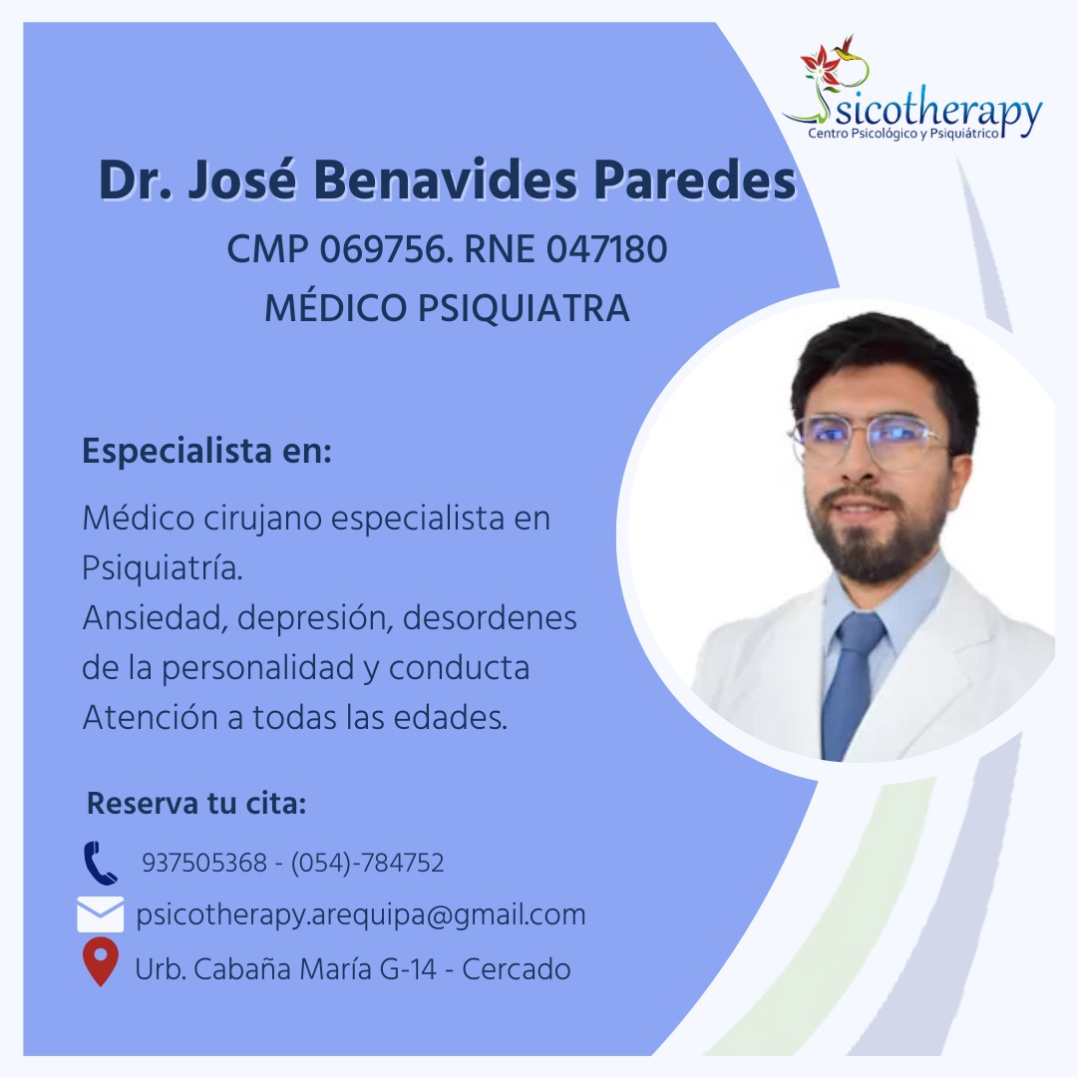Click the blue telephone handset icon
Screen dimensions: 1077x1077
(101, 863)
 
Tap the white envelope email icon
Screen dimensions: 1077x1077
(101, 914)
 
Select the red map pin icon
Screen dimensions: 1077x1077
(101, 961)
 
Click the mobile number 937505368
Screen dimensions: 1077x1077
(204, 863)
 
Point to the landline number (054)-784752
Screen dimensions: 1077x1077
(367, 863)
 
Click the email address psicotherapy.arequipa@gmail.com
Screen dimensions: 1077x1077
(361, 914)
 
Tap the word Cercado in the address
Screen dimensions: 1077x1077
(516, 969)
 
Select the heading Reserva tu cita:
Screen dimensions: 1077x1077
(196, 803)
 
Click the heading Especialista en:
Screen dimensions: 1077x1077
(206, 452)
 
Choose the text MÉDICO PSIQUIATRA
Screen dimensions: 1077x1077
(447, 307)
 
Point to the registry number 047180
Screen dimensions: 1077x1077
(606, 248)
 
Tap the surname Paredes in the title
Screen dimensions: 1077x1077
(694, 179)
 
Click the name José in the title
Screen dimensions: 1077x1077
(241, 179)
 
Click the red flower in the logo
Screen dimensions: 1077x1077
(821, 63)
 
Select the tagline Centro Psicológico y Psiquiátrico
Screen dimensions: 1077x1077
(903, 134)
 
